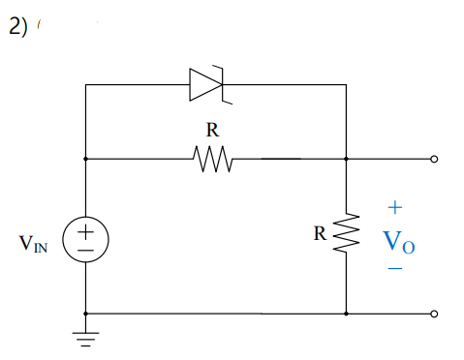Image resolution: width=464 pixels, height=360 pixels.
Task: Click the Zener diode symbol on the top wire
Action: [206, 84]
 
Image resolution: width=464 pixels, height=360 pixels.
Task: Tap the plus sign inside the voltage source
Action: [86, 230]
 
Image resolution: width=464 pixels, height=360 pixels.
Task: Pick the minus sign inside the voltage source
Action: [86, 249]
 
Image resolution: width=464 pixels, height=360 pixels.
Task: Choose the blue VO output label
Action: [399, 241]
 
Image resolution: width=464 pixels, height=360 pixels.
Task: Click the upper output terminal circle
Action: [434, 158]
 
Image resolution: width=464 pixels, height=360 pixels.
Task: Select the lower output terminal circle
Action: [434, 314]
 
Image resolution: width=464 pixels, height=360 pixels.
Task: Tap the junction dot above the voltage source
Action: [86, 158]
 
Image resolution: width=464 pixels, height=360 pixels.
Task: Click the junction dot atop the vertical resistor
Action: [346, 158]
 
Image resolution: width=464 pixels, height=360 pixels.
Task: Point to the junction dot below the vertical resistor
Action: [346, 314]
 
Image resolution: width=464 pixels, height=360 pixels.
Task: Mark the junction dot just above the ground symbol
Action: [86, 314]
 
